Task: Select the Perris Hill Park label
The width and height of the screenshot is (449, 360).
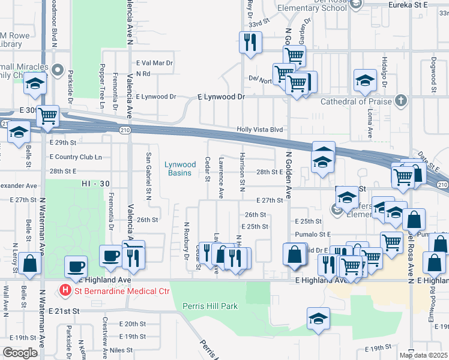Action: click(x=210, y=306)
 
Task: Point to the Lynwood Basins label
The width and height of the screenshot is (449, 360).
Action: click(x=181, y=169)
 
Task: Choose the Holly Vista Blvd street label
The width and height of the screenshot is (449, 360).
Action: click(x=259, y=130)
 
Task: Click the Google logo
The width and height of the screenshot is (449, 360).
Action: click(x=20, y=352)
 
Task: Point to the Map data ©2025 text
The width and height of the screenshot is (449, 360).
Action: click(x=424, y=355)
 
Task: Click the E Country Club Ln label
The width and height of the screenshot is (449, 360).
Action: click(x=76, y=157)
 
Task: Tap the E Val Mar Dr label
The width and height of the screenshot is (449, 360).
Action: click(x=154, y=62)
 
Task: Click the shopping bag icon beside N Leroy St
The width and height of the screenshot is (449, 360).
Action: click(x=29, y=263)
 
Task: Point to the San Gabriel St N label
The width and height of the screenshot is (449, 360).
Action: click(x=148, y=175)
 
